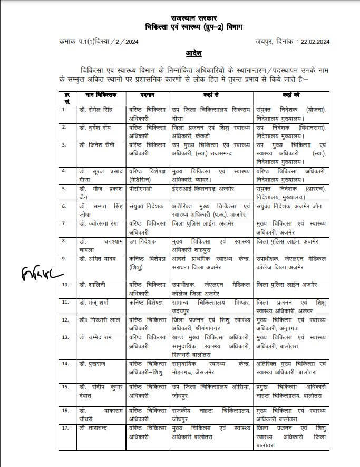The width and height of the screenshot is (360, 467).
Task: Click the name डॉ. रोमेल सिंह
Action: pyautogui.click(x=95, y=109)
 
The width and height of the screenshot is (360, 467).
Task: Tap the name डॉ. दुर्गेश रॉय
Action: pyautogui.click(x=95, y=127)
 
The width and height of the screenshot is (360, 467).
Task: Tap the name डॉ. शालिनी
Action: pyautogui.click(x=92, y=285)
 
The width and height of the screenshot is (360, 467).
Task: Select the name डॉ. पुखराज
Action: pyautogui.click(x=91, y=364)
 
